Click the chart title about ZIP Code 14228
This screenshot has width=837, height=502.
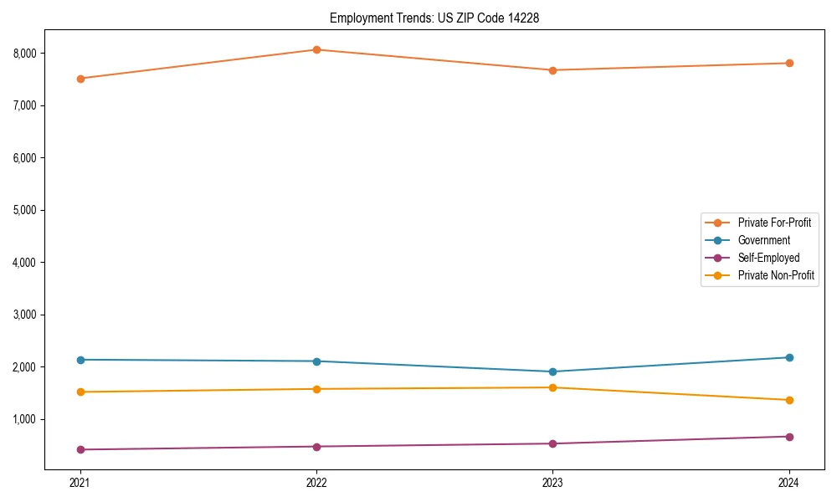point(434,18)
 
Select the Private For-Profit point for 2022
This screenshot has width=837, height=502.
point(316,49)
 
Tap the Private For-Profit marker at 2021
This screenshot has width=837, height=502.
point(80,79)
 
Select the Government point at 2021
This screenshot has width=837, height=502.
point(80,360)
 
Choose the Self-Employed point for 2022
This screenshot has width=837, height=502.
point(316,447)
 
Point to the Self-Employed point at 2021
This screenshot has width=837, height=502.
point(80,449)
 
